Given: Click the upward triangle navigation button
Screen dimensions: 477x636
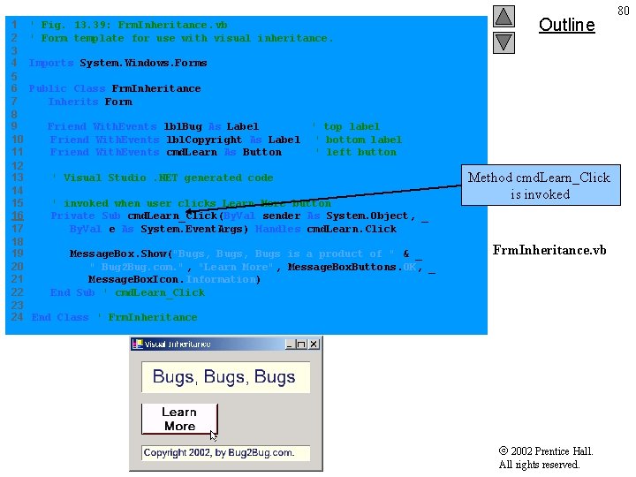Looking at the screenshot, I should pos(503,16).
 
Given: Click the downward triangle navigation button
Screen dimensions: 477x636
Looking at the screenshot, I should pos(503,42).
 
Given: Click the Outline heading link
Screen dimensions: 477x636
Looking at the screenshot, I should pos(566,25).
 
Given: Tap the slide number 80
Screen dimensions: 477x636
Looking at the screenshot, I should pos(624,11).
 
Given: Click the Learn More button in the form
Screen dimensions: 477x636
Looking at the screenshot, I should pos(179,419).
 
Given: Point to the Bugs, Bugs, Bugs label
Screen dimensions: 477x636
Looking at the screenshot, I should pos(224,377).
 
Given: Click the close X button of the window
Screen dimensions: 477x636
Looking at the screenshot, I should pos(313,344).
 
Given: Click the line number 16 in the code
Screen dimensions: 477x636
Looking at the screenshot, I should pos(17,216).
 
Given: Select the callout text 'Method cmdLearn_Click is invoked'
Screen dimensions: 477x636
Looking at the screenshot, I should pos(539,185).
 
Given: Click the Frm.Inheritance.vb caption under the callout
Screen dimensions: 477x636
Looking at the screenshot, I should pos(549,250).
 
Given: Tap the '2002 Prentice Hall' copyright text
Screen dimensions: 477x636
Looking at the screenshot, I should pos(546,451).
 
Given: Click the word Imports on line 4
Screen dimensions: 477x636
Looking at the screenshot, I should pos(51,63).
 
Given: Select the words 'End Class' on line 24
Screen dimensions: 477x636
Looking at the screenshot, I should pos(60,317).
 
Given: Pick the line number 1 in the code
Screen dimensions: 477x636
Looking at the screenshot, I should pos(14,25).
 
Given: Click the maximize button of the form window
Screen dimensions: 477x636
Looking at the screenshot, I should pos(301,344).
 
